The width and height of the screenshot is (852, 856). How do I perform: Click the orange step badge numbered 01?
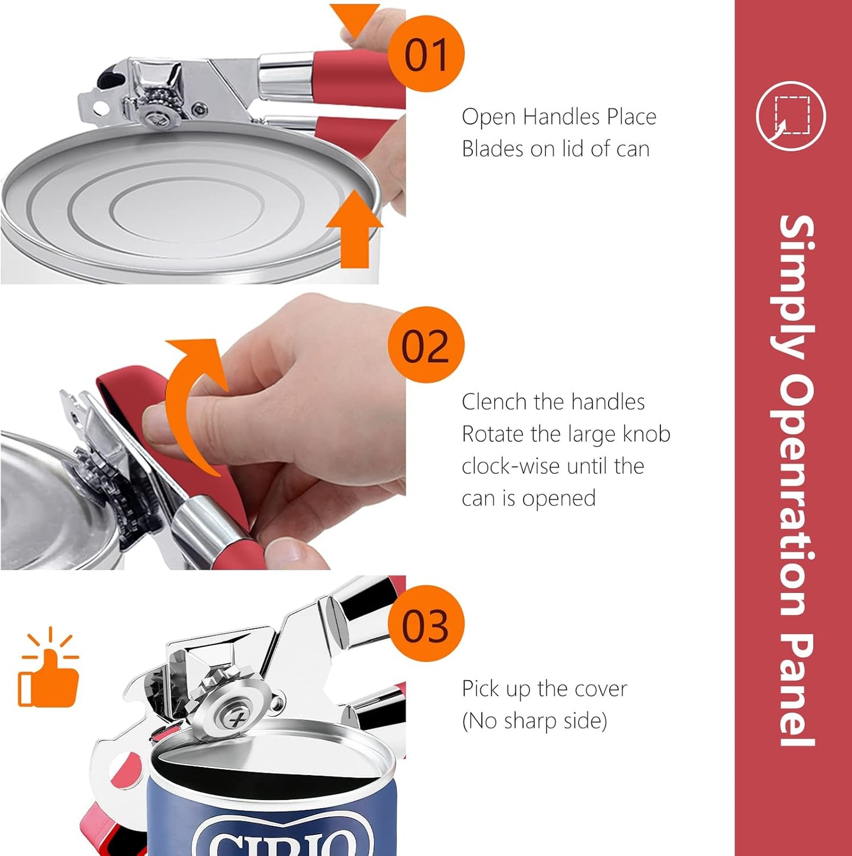(426, 54)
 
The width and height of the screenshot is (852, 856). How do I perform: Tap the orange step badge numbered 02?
(426, 345)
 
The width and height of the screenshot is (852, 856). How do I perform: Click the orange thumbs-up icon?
(48, 667)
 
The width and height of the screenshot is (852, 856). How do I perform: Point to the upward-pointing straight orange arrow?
(354, 229)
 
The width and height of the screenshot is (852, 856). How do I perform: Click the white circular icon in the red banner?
(791, 116)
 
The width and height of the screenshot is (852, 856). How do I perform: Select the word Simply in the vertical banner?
(797, 287)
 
